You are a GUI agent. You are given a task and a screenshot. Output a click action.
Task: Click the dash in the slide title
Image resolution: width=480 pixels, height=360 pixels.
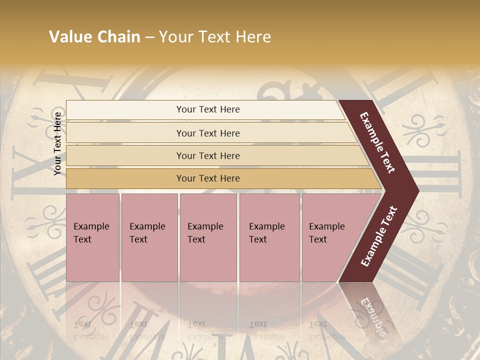click(149, 37)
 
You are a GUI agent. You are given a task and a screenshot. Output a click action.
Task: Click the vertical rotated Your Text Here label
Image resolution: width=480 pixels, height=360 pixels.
click(57, 143)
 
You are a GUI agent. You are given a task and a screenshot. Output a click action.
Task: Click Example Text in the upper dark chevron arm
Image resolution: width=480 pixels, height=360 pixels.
click(377, 142)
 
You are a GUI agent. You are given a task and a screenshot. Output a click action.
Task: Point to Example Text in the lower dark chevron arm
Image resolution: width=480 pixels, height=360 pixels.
click(379, 236)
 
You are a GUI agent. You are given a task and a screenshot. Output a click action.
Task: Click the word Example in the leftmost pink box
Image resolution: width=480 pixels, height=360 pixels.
click(91, 226)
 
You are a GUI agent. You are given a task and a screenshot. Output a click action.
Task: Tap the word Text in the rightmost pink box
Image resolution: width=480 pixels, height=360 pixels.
click(318, 239)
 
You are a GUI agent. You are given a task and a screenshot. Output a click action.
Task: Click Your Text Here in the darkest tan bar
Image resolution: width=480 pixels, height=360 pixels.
click(208, 178)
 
